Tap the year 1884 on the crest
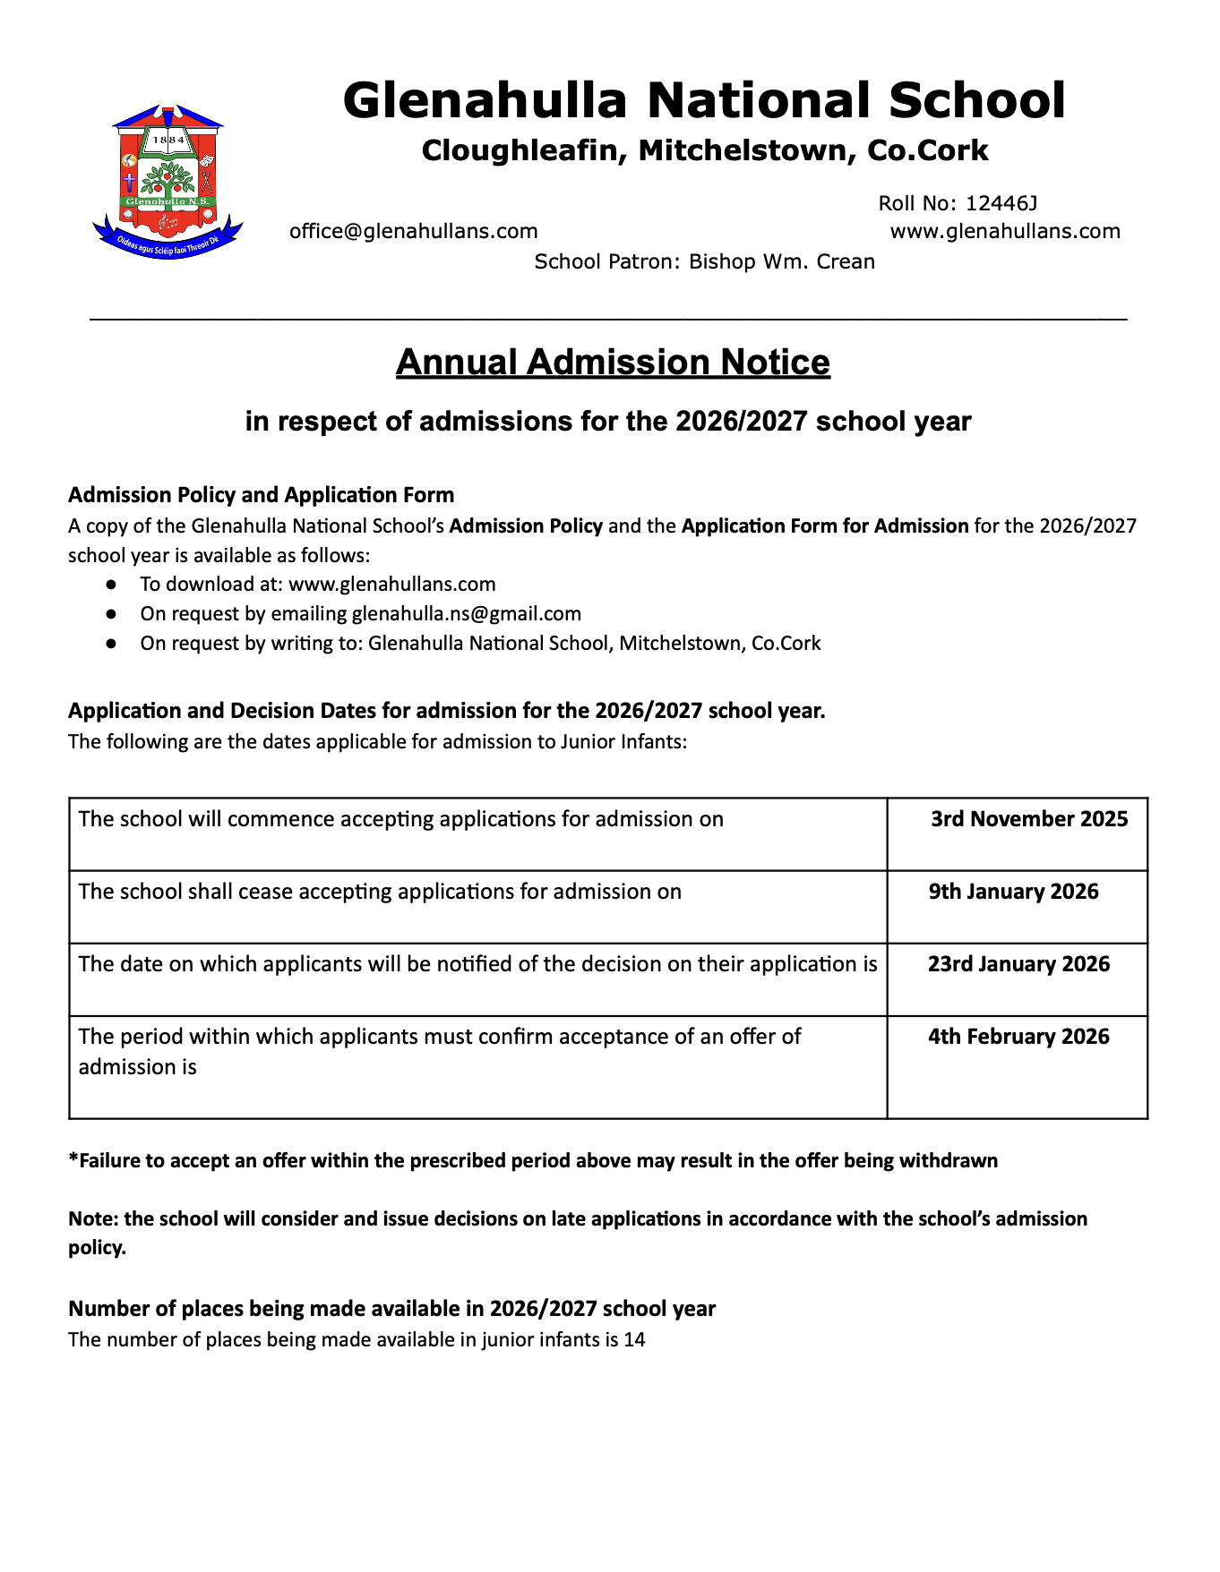click(168, 140)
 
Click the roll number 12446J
click(1001, 203)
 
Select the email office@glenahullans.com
click(413, 231)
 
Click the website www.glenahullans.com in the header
click(1005, 231)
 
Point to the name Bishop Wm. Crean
click(781, 261)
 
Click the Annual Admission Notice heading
click(613, 362)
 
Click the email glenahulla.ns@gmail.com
click(466, 613)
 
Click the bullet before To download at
click(111, 585)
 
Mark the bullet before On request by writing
click(111, 644)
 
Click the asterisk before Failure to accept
click(73, 1158)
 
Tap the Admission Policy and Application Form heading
click(261, 495)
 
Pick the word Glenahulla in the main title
click(484, 99)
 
